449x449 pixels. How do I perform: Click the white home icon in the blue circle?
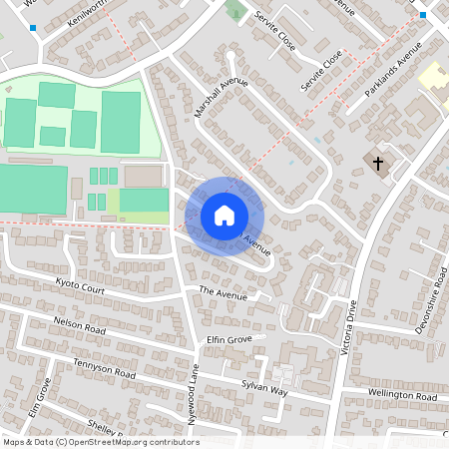pos(224,215)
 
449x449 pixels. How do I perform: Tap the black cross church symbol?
pos(378,162)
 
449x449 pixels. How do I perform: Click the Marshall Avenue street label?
pos(221,97)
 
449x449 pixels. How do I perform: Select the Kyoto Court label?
pos(81,287)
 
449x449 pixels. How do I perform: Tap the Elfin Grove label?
pos(228,340)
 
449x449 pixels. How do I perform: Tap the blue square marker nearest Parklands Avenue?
pos(423,15)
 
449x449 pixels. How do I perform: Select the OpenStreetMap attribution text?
pos(101,442)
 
